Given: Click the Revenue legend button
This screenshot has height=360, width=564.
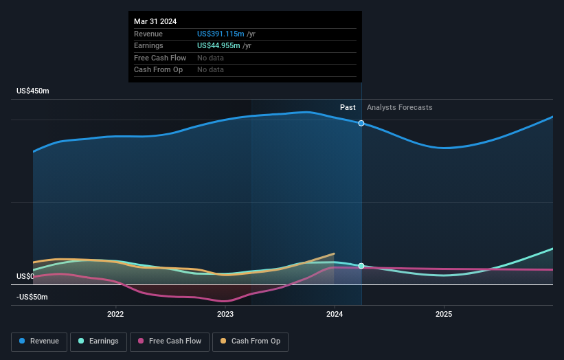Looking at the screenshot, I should (39, 341).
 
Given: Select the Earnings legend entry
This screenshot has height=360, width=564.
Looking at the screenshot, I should (98, 341).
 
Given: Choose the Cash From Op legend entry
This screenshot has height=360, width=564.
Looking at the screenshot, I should (250, 341).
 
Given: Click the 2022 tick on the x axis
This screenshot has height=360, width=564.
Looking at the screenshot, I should (115, 314).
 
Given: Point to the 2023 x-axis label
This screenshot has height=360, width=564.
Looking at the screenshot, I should (225, 314).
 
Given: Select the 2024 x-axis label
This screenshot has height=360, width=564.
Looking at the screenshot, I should (335, 314).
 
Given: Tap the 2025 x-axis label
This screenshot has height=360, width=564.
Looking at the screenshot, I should (444, 314).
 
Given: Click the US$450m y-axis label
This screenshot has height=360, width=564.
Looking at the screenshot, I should (33, 91).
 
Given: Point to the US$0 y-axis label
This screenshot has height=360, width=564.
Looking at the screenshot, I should (25, 277).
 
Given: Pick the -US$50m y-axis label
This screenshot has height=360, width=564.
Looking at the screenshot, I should (33, 297).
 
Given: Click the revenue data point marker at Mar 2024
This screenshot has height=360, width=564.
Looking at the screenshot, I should (361, 123).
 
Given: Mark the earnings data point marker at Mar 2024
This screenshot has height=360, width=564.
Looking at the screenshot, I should (361, 266).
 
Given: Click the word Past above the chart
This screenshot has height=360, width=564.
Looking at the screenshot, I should (348, 107).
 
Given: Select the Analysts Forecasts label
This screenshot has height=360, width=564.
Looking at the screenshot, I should (400, 107).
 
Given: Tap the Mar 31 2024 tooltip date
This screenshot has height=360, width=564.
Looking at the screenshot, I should (155, 21).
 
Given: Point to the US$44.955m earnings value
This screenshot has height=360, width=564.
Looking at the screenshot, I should (219, 46).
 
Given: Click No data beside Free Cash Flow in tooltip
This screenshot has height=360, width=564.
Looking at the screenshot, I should (210, 58).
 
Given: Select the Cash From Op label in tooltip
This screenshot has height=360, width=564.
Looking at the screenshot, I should (158, 70).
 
